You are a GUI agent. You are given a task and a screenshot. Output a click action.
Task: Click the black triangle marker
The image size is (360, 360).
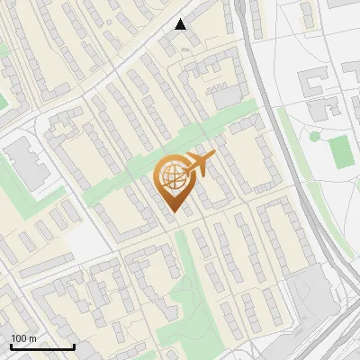[x=181, y=24]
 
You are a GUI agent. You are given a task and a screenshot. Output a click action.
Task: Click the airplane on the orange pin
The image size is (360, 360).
[x=198, y=164]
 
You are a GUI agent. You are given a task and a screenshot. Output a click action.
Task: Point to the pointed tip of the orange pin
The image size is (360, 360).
[x=172, y=213]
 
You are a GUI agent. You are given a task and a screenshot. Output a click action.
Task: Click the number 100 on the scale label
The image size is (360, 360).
[x=19, y=338]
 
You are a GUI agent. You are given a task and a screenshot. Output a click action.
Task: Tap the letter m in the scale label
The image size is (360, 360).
[x=32, y=338]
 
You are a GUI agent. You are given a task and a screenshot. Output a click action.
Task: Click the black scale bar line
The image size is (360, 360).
[x=42, y=347]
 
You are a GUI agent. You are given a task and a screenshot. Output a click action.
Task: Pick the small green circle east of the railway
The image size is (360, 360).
[x=315, y=136]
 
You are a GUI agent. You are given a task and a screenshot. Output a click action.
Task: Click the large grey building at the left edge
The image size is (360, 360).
[x=27, y=165]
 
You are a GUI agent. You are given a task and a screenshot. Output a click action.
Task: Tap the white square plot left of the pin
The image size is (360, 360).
[x=84, y=241]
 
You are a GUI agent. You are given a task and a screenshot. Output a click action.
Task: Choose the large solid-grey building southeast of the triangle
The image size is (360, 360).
[x=228, y=94]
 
